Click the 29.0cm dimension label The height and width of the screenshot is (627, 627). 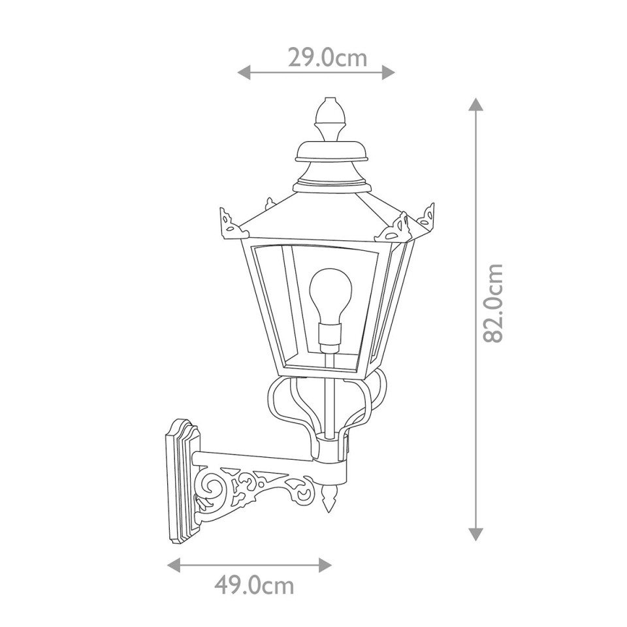(x=327, y=58)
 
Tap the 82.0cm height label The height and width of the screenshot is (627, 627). (x=494, y=303)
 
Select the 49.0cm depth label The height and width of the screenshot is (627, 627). (x=254, y=585)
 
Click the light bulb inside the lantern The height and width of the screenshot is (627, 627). (x=330, y=295)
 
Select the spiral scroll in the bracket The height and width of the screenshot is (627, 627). (x=214, y=487)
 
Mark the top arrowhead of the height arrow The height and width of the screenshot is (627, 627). (x=475, y=104)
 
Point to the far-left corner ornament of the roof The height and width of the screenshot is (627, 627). (x=229, y=221)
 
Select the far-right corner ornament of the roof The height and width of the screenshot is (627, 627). (x=428, y=216)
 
